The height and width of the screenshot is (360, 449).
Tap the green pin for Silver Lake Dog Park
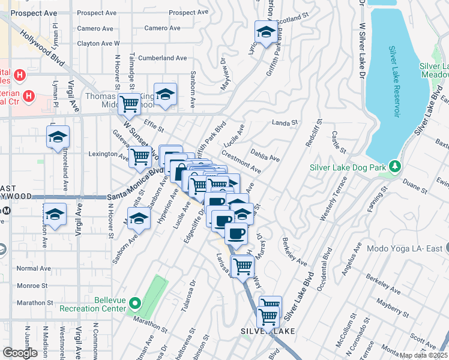tap(394, 166)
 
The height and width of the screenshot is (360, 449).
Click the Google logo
tap(20, 353)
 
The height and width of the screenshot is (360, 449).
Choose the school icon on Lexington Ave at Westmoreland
tap(58, 137)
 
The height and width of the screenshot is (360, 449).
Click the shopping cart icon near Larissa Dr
tap(243, 265)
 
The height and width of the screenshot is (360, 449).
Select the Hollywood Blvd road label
tap(42, 51)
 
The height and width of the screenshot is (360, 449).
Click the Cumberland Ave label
tap(163, 58)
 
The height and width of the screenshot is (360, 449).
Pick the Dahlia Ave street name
tap(265, 155)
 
